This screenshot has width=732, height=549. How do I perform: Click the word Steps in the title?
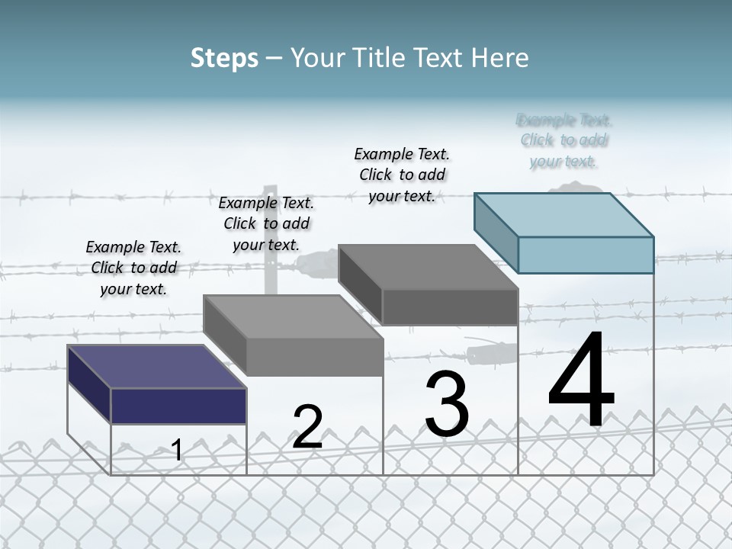point(224,59)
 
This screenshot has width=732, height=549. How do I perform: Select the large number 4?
point(581,381)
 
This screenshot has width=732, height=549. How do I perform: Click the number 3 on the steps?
point(447,404)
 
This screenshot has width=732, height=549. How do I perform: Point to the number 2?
point(307,427)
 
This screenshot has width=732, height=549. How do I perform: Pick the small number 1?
point(177,450)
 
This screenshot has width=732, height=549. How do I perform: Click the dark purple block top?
point(156,367)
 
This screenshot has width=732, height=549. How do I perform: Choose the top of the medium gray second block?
point(294,316)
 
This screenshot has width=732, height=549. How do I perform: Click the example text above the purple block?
point(133,268)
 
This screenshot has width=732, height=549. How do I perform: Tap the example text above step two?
point(266,223)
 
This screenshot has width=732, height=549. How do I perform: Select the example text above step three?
point(402,175)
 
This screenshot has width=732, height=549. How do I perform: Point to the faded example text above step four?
point(564,140)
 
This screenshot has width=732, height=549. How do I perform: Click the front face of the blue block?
point(586,255)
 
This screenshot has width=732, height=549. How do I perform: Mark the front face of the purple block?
point(178,406)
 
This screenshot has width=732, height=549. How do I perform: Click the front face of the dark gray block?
point(450,307)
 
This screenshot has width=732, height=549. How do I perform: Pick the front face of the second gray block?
point(314,357)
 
